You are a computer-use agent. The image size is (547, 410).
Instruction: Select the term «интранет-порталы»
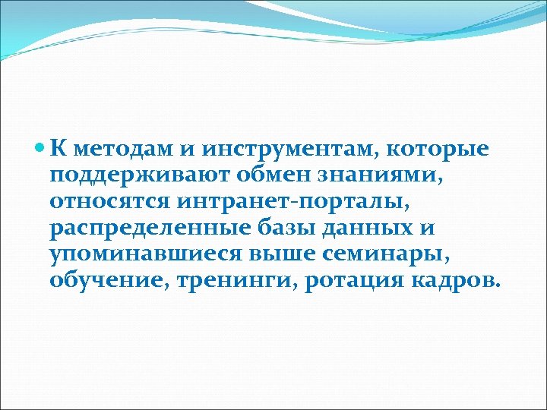(273, 203)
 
